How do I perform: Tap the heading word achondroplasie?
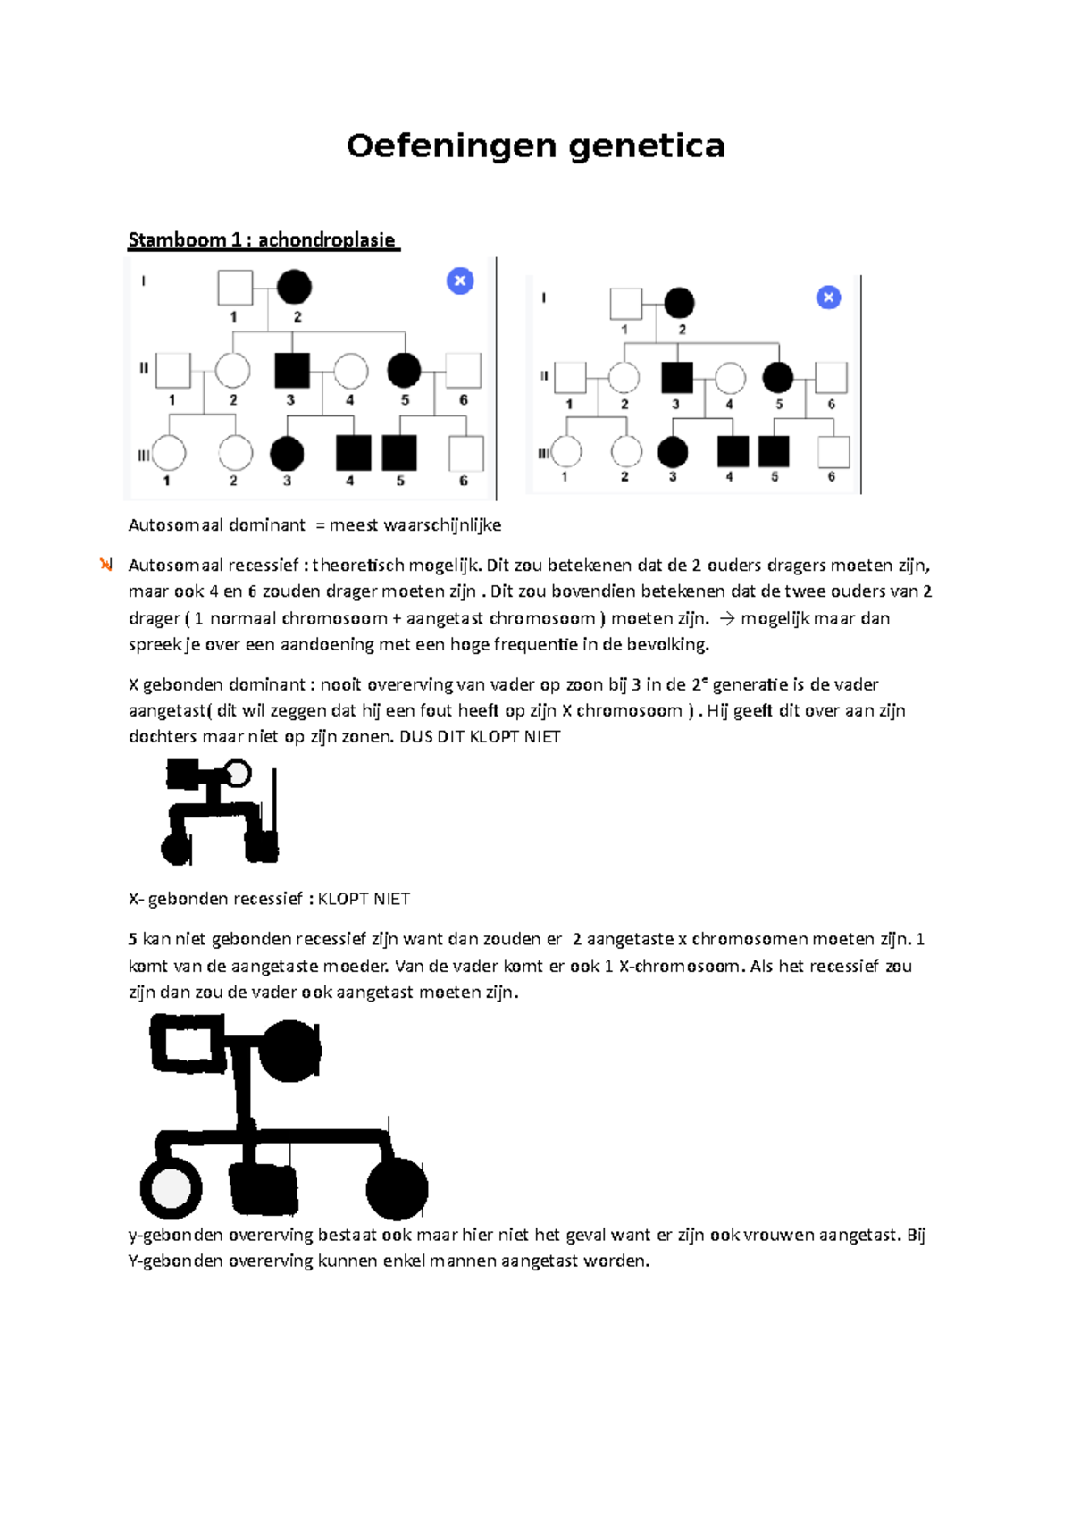point(326,239)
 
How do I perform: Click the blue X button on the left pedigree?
point(460,281)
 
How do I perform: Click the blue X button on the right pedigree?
point(829,298)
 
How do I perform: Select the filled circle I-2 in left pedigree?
point(294,287)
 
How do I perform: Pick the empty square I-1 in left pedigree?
point(235,288)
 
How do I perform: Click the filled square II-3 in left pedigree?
point(292,371)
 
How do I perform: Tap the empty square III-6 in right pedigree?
point(833,453)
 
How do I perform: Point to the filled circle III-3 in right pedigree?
point(673,452)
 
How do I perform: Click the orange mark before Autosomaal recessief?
point(106,565)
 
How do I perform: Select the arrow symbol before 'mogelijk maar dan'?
point(727,618)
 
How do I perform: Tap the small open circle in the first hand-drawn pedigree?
point(238,773)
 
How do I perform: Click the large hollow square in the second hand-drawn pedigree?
point(188,1044)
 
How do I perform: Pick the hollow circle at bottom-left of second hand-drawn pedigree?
point(171,1189)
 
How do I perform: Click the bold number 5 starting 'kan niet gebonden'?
point(132,939)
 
